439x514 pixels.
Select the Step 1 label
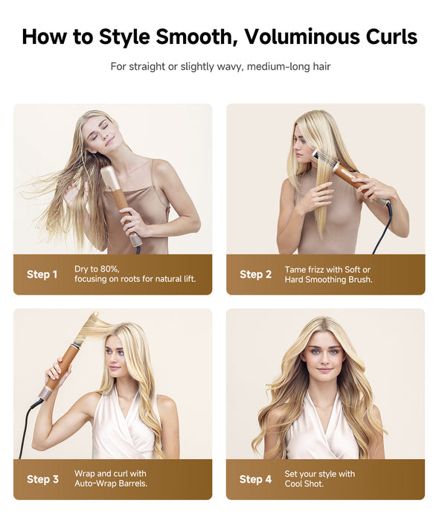click(42, 274)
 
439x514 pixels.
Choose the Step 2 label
click(255, 274)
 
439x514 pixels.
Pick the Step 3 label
click(42, 479)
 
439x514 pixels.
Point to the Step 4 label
click(255, 479)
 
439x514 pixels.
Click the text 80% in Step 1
click(109, 269)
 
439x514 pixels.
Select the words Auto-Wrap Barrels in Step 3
click(111, 484)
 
